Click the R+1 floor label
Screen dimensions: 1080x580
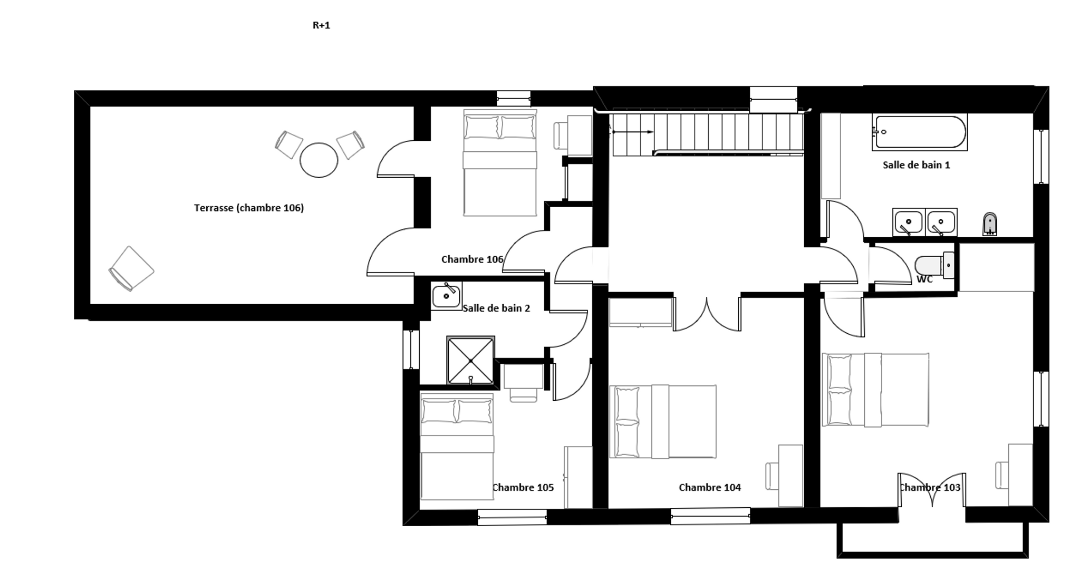(321, 25)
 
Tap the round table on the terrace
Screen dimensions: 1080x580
(319, 160)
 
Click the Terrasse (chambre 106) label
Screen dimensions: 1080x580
(249, 208)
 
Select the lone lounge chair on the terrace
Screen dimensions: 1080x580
(131, 268)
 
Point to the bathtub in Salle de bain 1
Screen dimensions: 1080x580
(920, 132)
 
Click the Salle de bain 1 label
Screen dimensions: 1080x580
(917, 165)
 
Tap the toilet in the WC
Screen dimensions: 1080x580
(934, 265)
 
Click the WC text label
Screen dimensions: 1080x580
(924, 279)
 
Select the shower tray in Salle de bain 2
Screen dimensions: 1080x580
(470, 360)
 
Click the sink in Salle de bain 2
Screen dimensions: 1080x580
(446, 296)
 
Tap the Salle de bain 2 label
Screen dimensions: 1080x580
(496, 308)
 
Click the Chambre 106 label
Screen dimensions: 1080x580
(472, 259)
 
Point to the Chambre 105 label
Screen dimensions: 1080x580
(523, 488)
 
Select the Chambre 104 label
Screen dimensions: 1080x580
(709, 488)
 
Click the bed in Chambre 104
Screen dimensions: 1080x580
(663, 421)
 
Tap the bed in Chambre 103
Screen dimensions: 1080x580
(875, 390)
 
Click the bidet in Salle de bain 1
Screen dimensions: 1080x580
(990, 224)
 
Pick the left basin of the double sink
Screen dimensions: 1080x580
(908, 222)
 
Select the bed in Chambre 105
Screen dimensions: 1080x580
(457, 446)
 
